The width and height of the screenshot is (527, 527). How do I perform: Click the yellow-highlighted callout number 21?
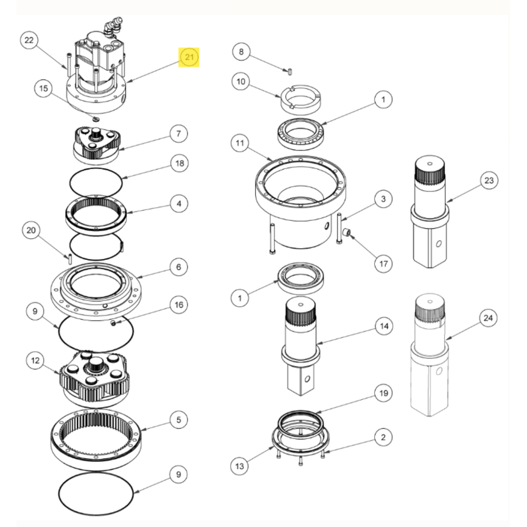[x=189, y=57]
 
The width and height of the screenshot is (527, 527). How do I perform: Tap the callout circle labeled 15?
[x=44, y=88]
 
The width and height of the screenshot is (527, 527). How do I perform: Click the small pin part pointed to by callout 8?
[x=291, y=70]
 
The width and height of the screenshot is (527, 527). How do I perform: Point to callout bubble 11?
[x=241, y=143]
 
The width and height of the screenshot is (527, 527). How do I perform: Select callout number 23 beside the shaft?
[x=489, y=181]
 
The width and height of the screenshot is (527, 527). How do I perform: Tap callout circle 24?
[x=488, y=318]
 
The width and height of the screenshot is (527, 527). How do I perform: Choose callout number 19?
[x=383, y=393]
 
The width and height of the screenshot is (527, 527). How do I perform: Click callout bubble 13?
[x=240, y=465]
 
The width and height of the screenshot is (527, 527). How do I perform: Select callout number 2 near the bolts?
[x=383, y=437]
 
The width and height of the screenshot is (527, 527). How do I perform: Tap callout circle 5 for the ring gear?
[x=179, y=420]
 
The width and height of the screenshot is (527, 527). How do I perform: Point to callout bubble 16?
[x=179, y=305]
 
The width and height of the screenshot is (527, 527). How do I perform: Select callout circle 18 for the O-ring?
[x=180, y=164]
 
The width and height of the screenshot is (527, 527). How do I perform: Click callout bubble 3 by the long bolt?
[x=383, y=199]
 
